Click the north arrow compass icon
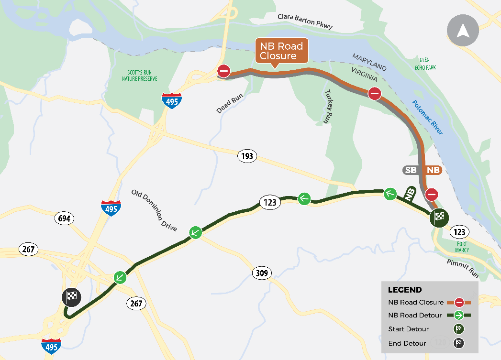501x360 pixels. click(462, 30)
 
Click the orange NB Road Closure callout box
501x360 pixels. click(281, 51)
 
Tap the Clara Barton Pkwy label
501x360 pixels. click(305, 22)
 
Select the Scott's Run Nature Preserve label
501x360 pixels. click(140, 76)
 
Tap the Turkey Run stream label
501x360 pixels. click(328, 107)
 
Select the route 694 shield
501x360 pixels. click(65, 219)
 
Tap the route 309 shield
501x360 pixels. click(261, 273)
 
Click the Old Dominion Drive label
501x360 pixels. click(154, 210)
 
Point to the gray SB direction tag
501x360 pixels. click(410, 170)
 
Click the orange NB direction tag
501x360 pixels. click(433, 170)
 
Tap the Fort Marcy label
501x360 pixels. click(462, 247)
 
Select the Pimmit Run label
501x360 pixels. click(463, 269)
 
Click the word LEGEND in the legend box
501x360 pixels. click(405, 290)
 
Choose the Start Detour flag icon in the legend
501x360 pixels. click(458, 328)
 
